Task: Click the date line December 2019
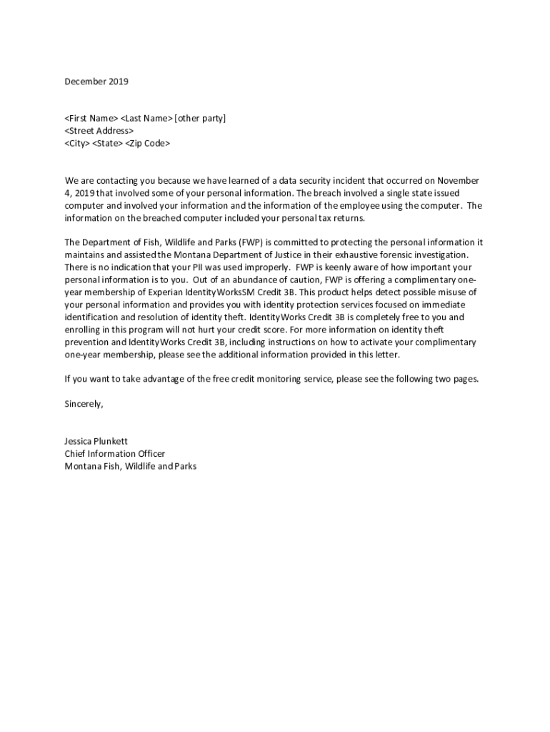96,81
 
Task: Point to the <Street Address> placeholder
99,131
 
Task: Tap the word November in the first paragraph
458,181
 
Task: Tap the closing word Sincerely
84,404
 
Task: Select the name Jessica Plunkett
96,442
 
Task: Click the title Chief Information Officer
115,454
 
